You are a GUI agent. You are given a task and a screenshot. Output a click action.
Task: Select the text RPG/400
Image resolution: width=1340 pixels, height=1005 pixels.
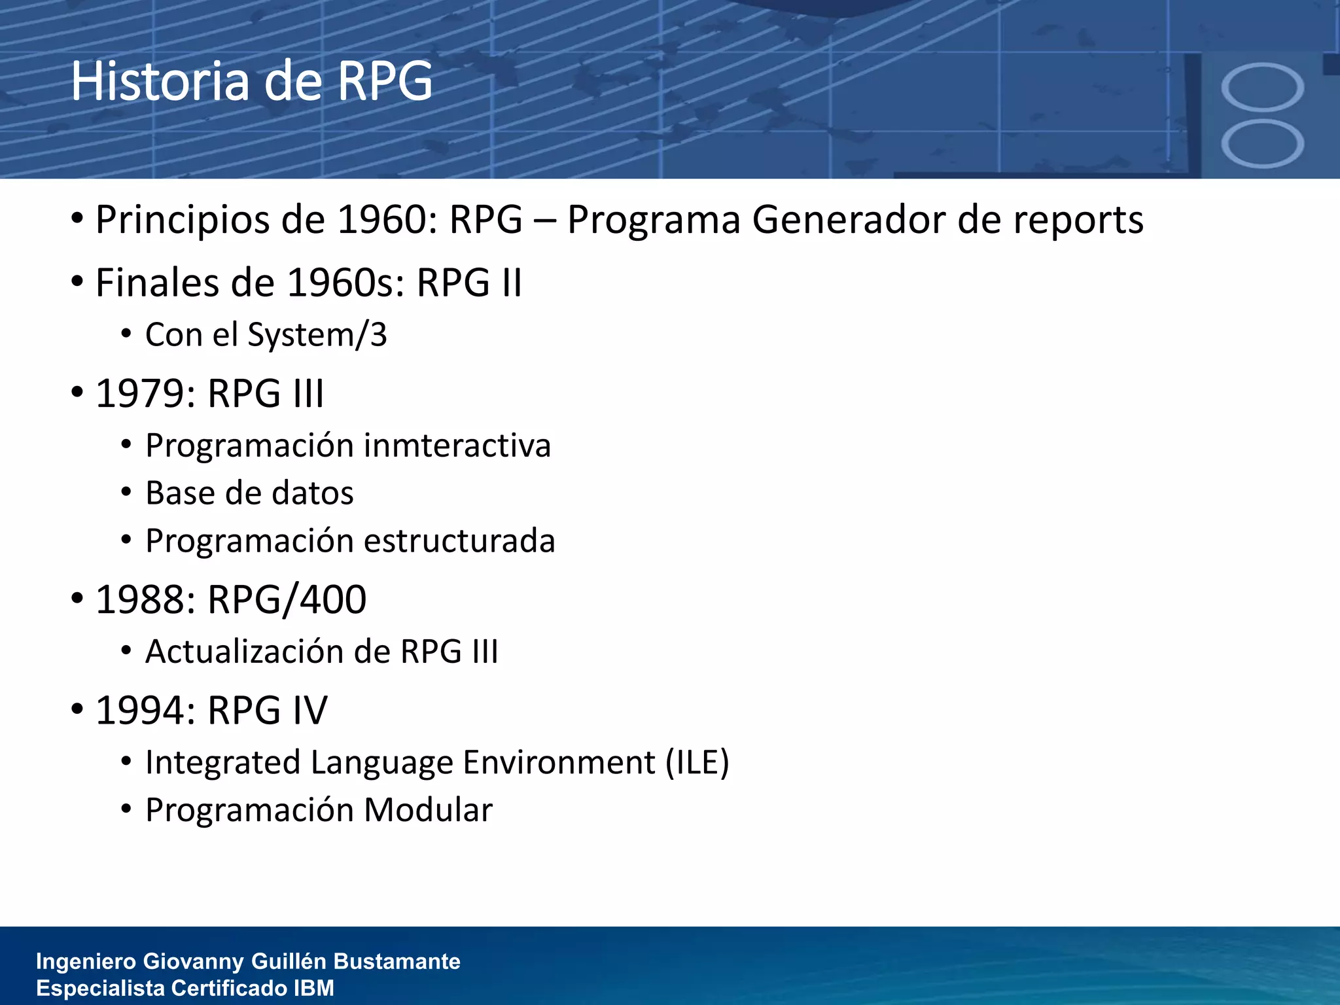coord(287,599)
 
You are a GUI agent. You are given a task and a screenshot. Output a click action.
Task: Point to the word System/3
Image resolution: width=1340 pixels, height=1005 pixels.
coord(317,335)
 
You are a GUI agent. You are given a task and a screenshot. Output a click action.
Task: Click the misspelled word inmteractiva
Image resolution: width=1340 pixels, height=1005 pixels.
coord(457,446)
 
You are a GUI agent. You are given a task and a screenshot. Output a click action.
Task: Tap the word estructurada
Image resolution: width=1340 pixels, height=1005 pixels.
coord(459,541)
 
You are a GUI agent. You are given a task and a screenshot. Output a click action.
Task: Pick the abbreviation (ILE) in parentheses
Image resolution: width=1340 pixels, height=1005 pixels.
coord(697,763)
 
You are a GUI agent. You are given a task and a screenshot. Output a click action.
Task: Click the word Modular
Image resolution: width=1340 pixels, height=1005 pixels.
coord(428,810)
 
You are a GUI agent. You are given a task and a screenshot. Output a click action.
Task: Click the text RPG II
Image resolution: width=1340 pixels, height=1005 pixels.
coord(469,283)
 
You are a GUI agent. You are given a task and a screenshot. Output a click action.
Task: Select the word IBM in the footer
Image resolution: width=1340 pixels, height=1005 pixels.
coord(314,988)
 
